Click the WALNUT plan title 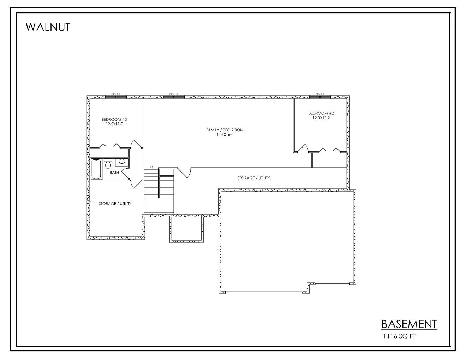[x=48, y=27]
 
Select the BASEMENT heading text [x=409, y=324]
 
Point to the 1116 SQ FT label [x=399, y=336]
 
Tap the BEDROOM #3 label [x=112, y=119]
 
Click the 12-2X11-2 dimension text [x=112, y=124]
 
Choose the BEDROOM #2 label [x=321, y=113]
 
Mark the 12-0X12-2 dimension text [x=321, y=118]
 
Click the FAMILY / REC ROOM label [x=225, y=130]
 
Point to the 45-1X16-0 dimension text [x=225, y=134]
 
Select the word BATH [x=114, y=173]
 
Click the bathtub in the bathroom [x=96, y=169]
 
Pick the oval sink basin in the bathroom [x=121, y=162]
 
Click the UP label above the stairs [x=151, y=167]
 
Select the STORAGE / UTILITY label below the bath [x=115, y=204]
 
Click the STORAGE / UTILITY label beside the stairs [x=253, y=178]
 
